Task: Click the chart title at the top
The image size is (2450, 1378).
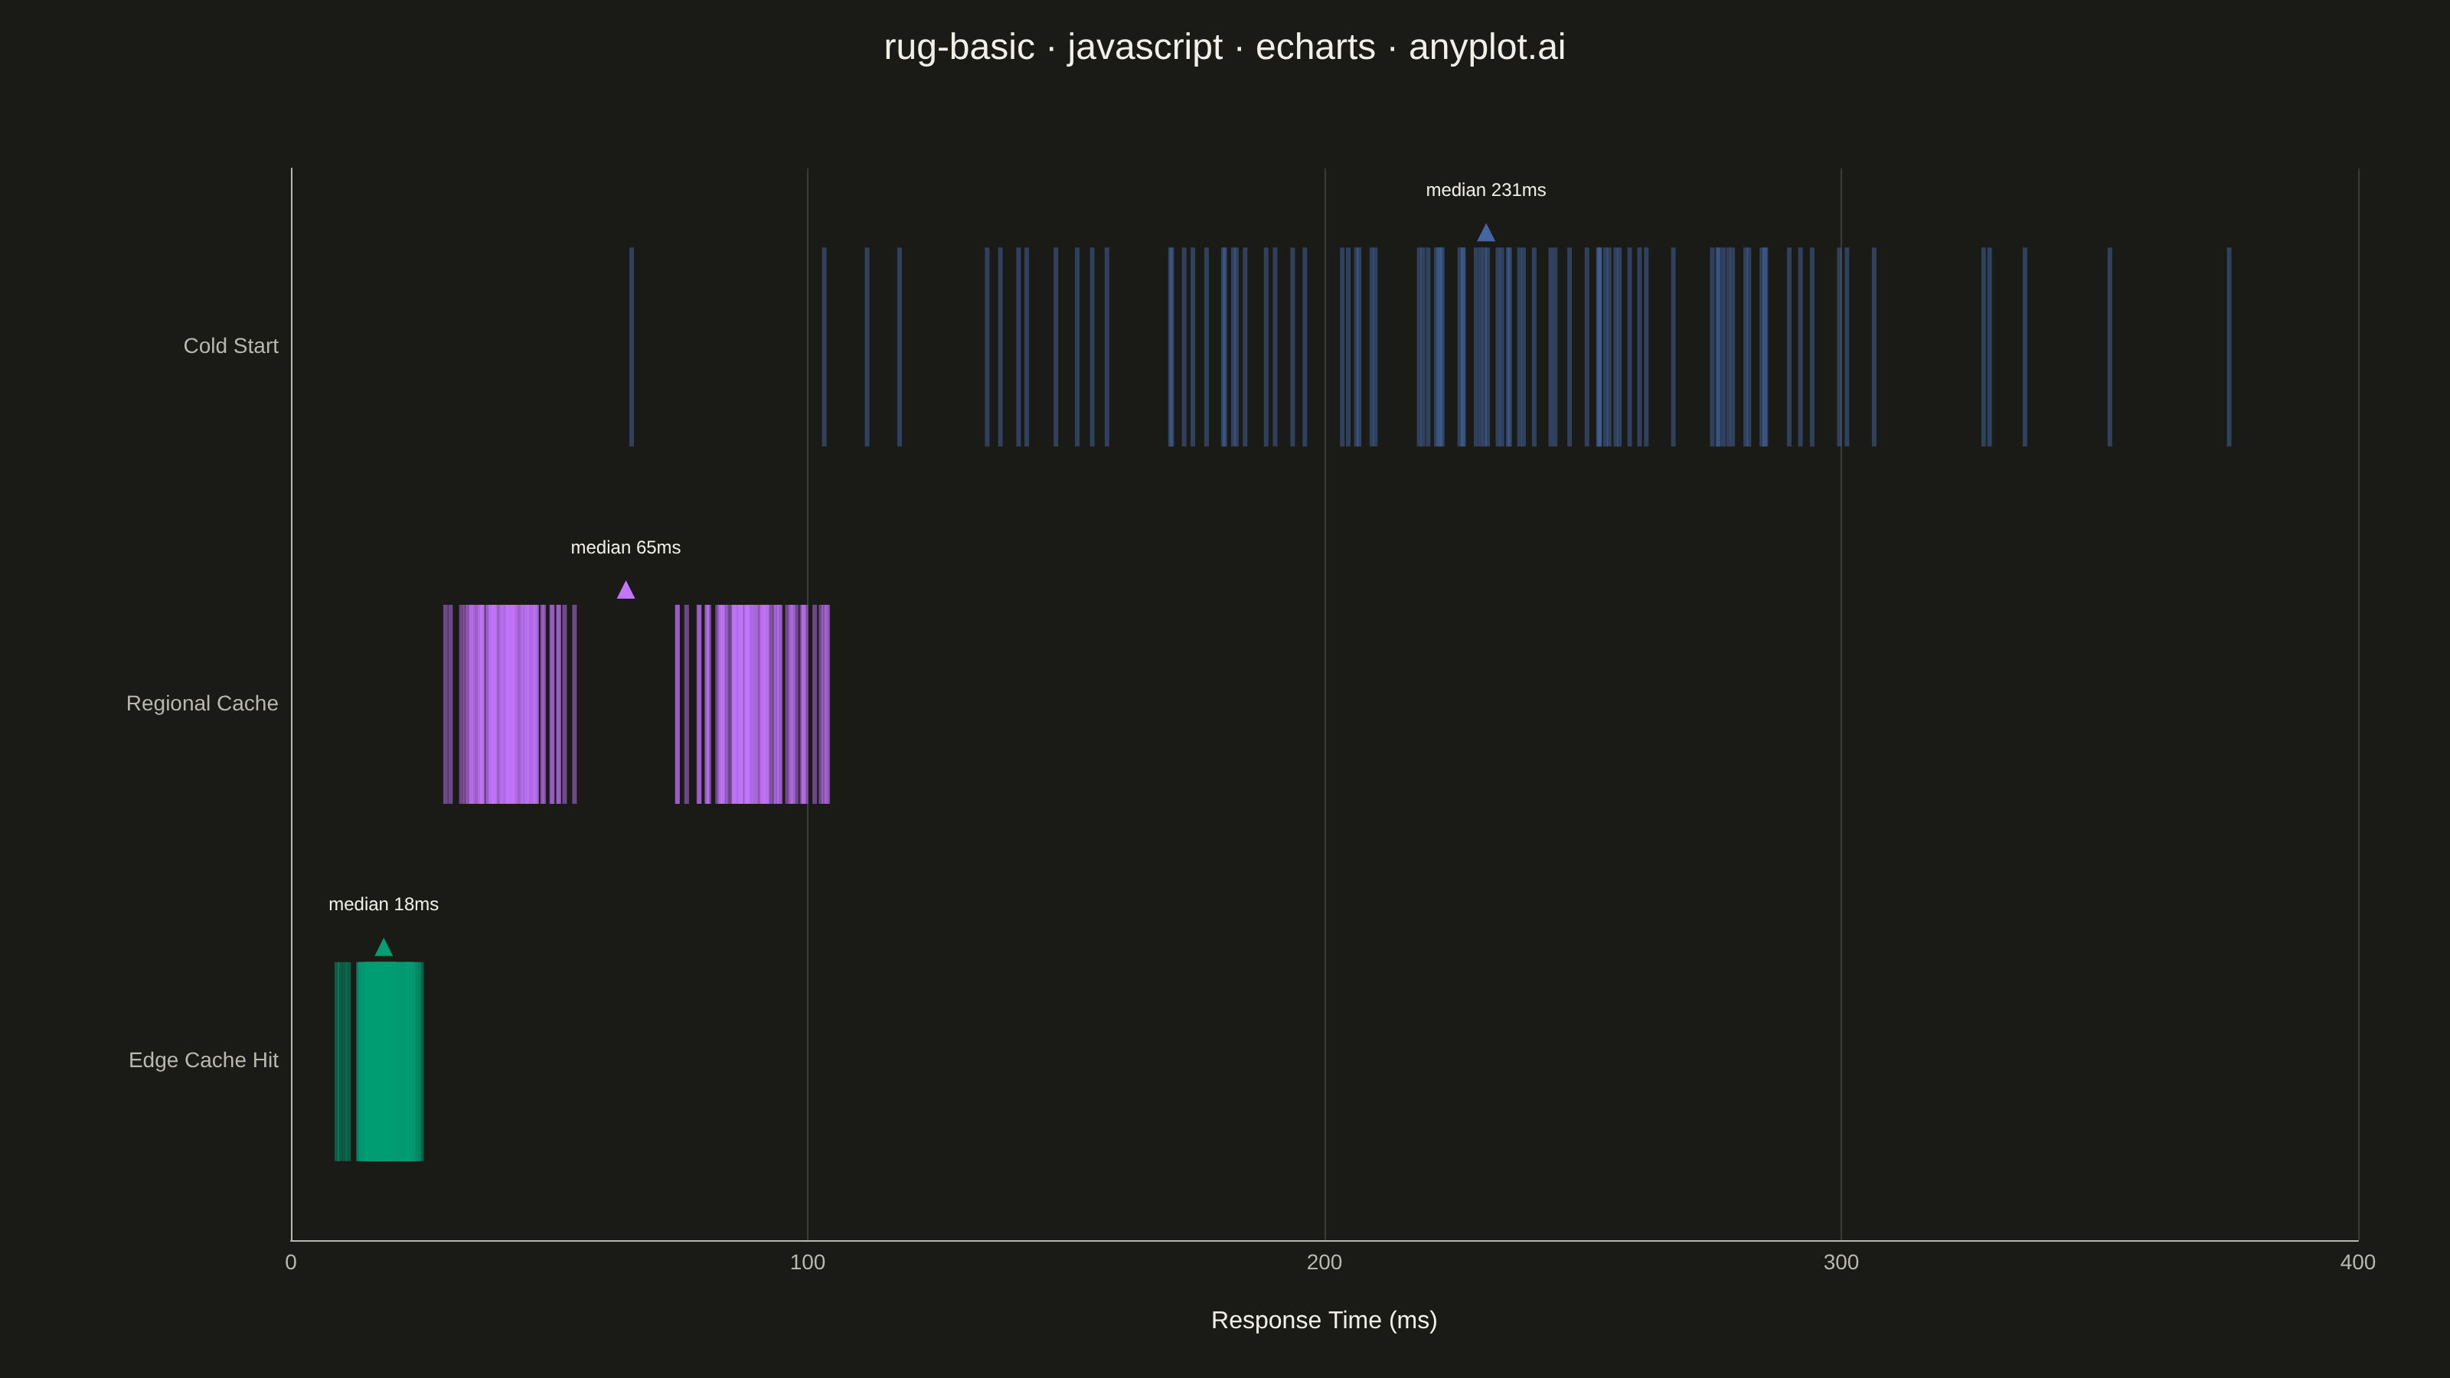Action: tap(1224, 47)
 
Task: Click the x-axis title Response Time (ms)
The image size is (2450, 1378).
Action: tap(1324, 1320)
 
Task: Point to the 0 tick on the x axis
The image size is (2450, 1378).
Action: tap(291, 1262)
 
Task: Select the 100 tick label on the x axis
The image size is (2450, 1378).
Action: tap(808, 1262)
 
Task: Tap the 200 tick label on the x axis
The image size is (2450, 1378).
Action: tap(1324, 1262)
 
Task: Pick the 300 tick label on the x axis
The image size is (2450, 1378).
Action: tap(1841, 1262)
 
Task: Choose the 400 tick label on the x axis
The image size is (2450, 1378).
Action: tap(2358, 1262)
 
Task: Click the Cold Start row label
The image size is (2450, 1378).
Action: tap(231, 346)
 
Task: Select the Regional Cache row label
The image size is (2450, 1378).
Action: tap(203, 704)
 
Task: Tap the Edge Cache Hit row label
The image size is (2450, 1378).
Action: tap(204, 1060)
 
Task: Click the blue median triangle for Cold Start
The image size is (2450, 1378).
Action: tap(1485, 233)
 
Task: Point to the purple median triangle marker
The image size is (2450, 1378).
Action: tap(626, 590)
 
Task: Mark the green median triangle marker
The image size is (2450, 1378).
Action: tap(384, 947)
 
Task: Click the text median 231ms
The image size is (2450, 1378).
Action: tap(1485, 190)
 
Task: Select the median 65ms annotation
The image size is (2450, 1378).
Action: tap(626, 548)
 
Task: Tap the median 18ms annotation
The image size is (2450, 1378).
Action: tap(384, 904)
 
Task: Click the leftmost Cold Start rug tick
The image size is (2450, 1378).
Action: tap(632, 347)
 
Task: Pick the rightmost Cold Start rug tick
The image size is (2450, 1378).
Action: tap(2229, 347)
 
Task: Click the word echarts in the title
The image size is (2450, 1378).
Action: tap(1315, 47)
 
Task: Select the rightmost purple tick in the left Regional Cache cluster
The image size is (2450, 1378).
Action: tap(574, 704)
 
